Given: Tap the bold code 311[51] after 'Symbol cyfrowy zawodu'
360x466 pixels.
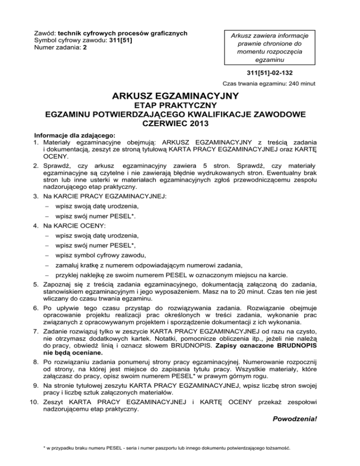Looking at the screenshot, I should pyautogui.click(x=121, y=41).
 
